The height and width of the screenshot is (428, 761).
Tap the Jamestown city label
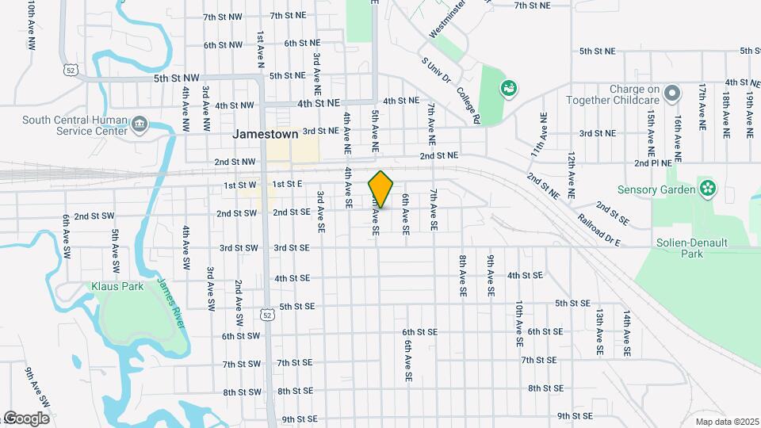(x=266, y=134)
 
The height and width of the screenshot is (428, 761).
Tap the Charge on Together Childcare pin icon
(x=672, y=94)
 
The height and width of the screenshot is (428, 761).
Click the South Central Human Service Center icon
(x=140, y=124)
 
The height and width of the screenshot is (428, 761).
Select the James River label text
(x=171, y=303)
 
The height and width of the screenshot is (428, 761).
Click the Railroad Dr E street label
(x=599, y=230)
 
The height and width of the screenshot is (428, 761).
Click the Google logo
(x=26, y=418)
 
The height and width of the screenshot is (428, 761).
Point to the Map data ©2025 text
(x=727, y=421)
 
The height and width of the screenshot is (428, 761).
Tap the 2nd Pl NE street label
(x=653, y=162)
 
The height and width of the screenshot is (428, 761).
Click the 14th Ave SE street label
(x=626, y=333)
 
